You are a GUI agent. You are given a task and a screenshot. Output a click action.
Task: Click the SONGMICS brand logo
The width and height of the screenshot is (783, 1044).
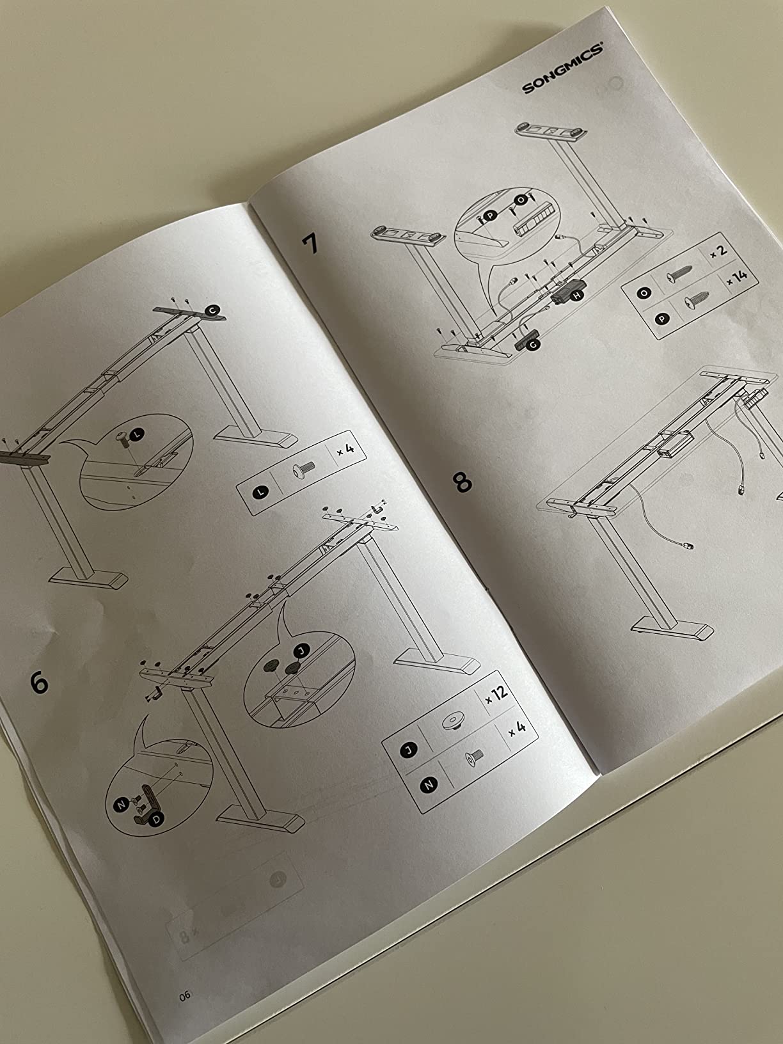(x=562, y=68)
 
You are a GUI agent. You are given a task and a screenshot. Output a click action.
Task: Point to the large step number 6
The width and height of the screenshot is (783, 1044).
(x=39, y=683)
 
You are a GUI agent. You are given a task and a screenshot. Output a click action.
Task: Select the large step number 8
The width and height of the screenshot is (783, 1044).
(x=463, y=482)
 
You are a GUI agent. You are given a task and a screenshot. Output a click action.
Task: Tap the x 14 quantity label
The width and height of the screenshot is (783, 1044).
(x=736, y=277)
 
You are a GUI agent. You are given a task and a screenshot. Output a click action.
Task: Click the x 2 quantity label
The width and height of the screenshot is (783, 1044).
(x=718, y=251)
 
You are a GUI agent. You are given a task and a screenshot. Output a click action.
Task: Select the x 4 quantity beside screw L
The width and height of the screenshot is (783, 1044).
(x=345, y=450)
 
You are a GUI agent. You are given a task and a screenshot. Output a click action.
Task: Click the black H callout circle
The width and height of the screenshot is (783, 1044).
(x=576, y=296)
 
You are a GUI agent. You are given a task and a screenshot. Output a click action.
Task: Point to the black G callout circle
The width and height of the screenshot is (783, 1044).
(x=534, y=345)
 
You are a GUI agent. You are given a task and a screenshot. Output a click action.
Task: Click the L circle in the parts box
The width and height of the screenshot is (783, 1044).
(x=260, y=493)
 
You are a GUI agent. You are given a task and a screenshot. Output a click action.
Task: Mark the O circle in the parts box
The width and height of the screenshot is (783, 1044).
(x=644, y=293)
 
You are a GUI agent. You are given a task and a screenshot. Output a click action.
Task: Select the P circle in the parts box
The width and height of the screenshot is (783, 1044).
(x=661, y=319)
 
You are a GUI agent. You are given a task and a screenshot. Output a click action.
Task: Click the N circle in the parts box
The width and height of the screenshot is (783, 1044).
(x=429, y=786)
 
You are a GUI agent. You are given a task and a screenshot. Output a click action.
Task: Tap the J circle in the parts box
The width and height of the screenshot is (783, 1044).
(x=408, y=750)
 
